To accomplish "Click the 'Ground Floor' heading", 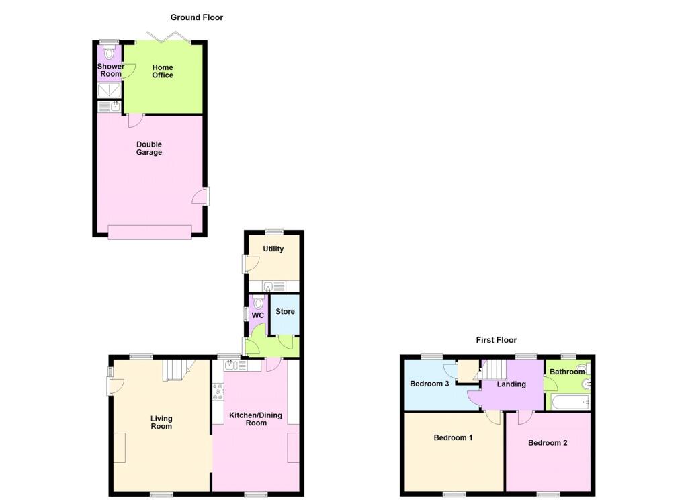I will tap(196, 17).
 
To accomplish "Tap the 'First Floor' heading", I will tap(497, 340).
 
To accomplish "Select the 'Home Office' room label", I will tap(163, 71).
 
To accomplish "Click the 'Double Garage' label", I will tap(149, 149).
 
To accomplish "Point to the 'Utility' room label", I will tap(273, 249).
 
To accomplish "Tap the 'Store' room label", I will tap(285, 312).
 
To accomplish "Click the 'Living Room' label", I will tap(161, 422).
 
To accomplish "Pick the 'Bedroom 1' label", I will tap(453, 438).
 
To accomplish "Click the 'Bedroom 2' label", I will tap(548, 443).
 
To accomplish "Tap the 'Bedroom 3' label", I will tap(429, 384).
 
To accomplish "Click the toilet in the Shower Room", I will tap(110, 53).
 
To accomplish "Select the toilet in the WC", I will tap(259, 304).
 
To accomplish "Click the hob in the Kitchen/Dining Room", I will tap(218, 392).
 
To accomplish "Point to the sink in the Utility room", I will tap(268, 286).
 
